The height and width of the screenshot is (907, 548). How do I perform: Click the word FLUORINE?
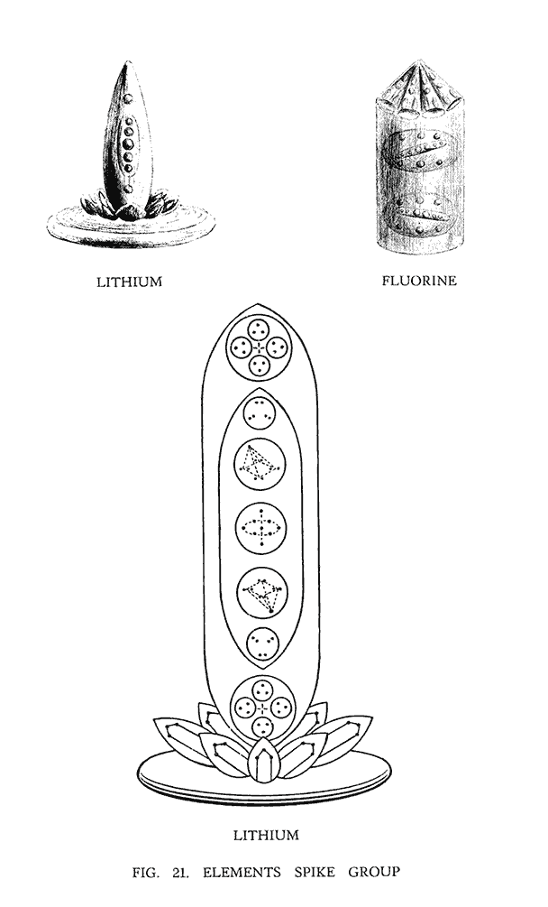pos(419,281)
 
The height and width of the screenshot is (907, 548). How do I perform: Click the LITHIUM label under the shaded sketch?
pos(130,282)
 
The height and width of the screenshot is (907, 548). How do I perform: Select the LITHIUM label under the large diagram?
pos(266,836)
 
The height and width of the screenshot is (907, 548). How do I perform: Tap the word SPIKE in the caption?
pos(315,872)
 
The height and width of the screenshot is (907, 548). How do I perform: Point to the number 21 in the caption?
pos(181,873)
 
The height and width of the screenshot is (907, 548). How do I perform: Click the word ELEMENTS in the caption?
pos(242,872)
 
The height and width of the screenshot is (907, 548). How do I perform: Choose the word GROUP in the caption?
pos(374,872)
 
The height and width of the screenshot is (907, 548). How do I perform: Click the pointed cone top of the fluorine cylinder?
pos(420,86)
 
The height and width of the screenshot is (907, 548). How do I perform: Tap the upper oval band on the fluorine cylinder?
pos(418,149)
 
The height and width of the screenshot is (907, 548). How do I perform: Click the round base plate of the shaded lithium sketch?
pos(131,226)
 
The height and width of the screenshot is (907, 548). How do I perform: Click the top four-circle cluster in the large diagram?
pos(259,347)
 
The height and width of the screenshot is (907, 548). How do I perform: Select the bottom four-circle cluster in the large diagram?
pos(263,708)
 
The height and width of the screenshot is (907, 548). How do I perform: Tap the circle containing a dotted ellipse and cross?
pos(261,528)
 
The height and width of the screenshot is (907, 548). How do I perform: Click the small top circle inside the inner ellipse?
pos(260,413)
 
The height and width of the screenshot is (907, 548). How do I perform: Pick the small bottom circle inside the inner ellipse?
pos(263,643)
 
